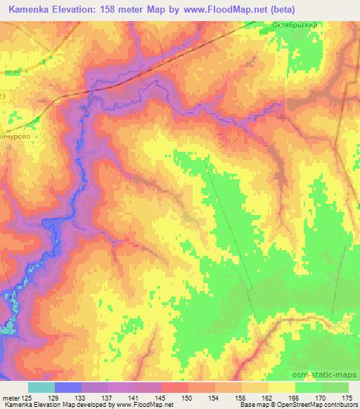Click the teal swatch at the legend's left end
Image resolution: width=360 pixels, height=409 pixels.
[41, 387]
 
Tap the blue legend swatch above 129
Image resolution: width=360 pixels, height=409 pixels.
[68, 387]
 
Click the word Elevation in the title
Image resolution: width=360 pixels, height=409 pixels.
[84, 9]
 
